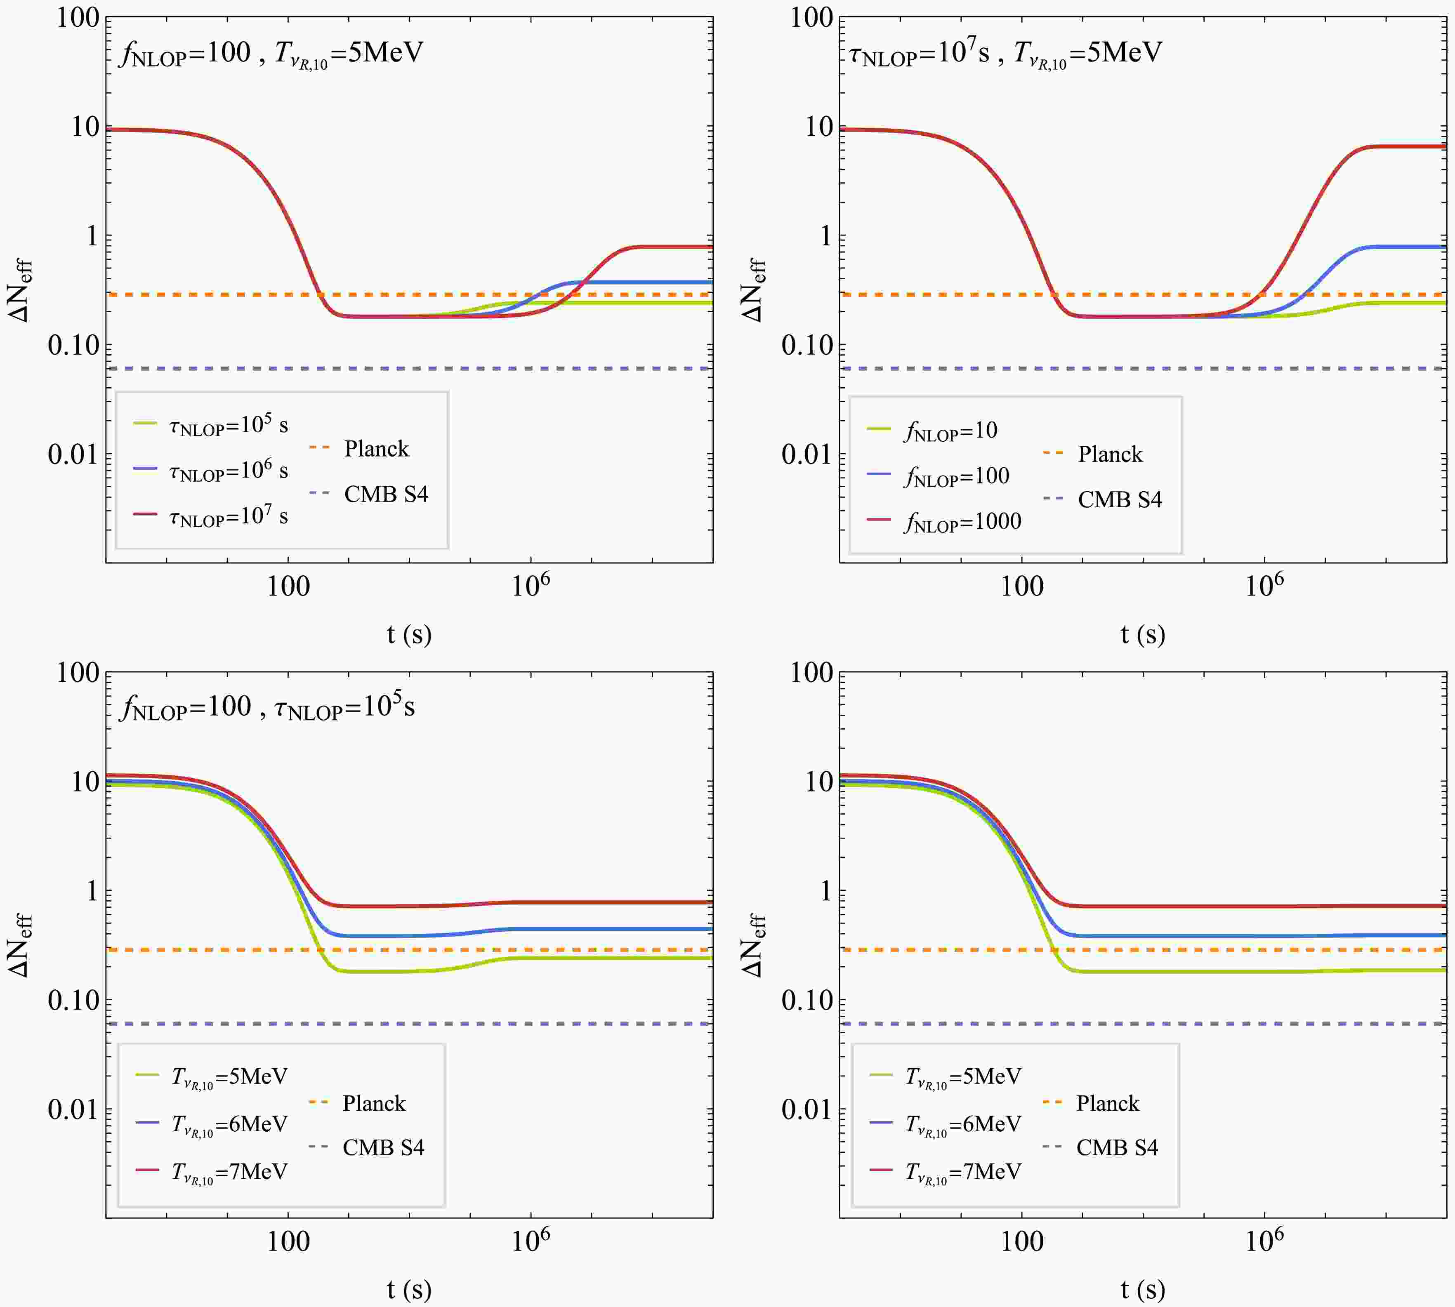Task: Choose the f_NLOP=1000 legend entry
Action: (962, 521)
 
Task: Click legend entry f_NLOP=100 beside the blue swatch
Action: (957, 476)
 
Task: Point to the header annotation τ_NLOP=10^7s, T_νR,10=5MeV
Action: (1005, 52)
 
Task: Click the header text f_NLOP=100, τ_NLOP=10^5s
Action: (268, 707)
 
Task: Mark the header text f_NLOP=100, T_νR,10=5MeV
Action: (271, 52)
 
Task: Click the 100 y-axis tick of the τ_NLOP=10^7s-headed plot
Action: (811, 18)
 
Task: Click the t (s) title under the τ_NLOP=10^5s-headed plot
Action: (409, 1289)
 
